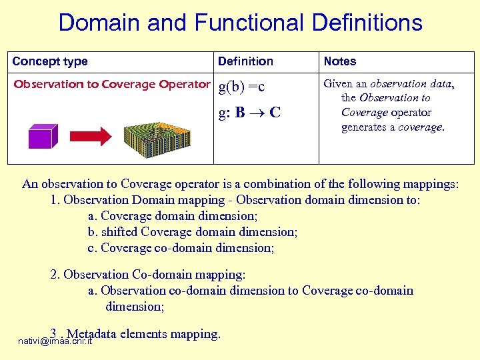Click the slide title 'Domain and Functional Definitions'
[x=240, y=23]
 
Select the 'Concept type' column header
[x=50, y=61]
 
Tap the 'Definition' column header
[x=245, y=61]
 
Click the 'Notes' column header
[x=340, y=61]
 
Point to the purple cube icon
[x=43, y=136]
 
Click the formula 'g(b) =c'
[x=242, y=87]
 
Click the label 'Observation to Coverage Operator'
[x=112, y=84]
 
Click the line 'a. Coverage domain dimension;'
[x=173, y=216]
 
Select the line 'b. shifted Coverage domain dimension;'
[x=193, y=232]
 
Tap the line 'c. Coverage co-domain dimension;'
[x=181, y=248]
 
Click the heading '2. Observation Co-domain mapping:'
[x=148, y=275]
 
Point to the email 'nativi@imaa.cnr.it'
[x=55, y=341]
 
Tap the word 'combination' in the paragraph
[x=275, y=184]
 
